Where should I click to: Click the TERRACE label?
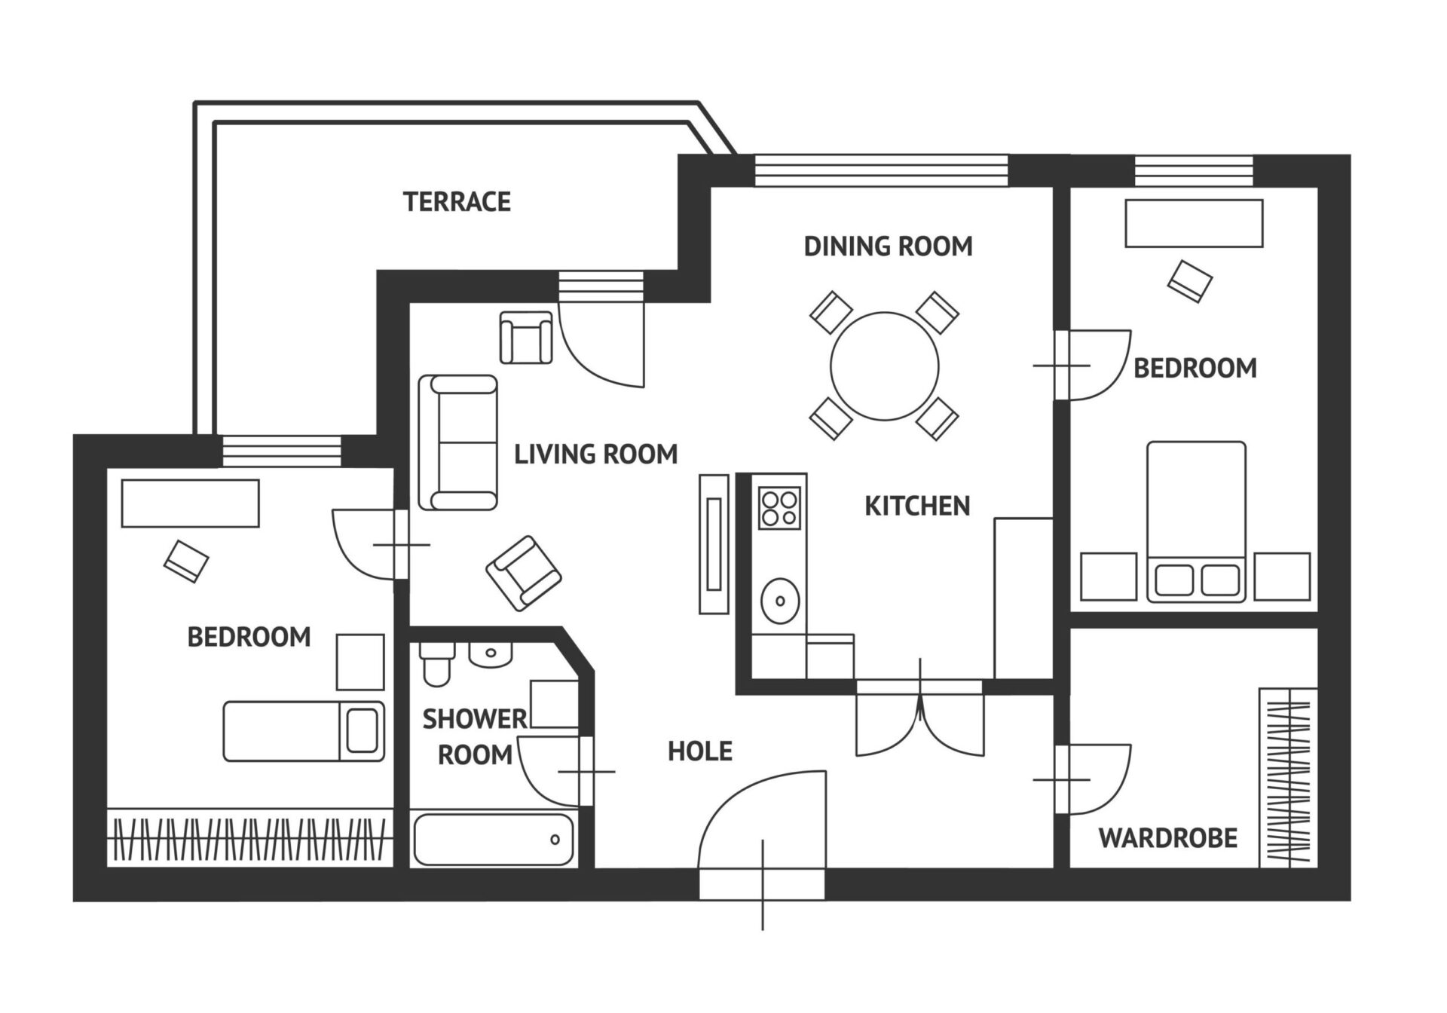(x=457, y=202)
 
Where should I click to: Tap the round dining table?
(x=885, y=367)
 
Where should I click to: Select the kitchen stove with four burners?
(x=780, y=507)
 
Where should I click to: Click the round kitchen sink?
(x=780, y=601)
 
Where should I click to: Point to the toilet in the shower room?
(x=436, y=664)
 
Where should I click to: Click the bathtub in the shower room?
(x=494, y=840)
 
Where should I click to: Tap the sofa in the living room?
(x=458, y=442)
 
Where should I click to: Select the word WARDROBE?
(x=1167, y=838)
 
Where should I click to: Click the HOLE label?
(x=700, y=751)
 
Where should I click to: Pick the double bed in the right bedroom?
(x=1196, y=522)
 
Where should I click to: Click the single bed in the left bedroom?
(x=304, y=731)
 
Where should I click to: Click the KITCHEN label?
(x=917, y=506)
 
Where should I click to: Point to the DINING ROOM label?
(x=888, y=246)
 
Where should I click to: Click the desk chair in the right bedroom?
(x=1190, y=281)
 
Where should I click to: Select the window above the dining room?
(x=881, y=170)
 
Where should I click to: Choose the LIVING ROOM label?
(x=595, y=454)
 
